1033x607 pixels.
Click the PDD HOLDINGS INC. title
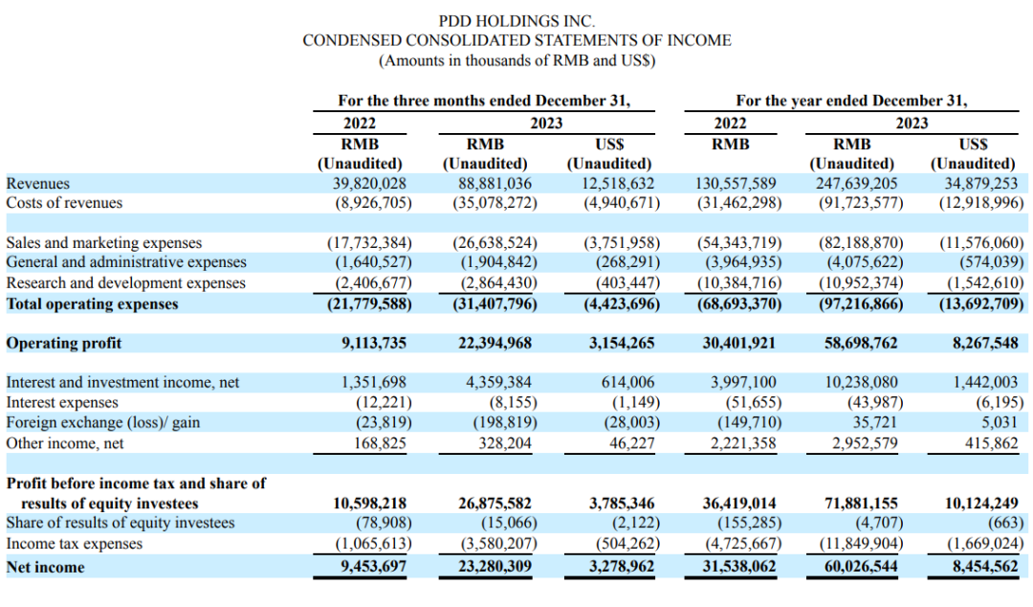click(x=516, y=20)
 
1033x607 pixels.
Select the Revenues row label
click(x=38, y=183)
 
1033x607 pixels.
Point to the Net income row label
click(x=46, y=567)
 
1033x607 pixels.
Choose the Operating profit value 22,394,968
click(x=495, y=343)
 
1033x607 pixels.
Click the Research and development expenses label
click(x=126, y=282)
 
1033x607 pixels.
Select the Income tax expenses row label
click(x=75, y=544)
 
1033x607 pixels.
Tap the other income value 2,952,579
click(x=861, y=443)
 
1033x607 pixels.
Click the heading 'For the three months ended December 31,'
click(x=484, y=101)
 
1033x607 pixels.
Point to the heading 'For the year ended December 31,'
click(x=851, y=101)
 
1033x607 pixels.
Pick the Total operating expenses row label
click(x=93, y=303)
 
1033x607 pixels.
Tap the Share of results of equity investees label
click(x=121, y=523)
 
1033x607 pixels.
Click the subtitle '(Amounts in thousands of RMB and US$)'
click(x=516, y=60)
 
